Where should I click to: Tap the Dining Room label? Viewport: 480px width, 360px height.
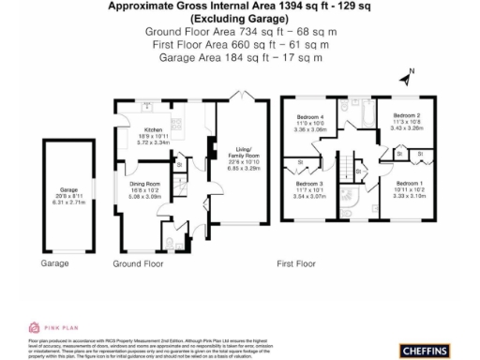[145, 185]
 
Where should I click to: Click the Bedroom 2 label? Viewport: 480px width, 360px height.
[405, 116]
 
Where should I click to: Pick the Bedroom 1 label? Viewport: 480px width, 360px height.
[409, 183]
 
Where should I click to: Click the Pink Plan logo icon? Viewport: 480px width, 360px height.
[34, 327]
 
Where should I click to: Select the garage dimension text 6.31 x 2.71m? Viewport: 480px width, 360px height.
[67, 202]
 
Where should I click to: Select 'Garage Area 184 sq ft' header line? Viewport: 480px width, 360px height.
[241, 57]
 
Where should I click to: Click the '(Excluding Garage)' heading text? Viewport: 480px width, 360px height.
[240, 19]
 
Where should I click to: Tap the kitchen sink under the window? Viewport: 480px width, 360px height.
[145, 104]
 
